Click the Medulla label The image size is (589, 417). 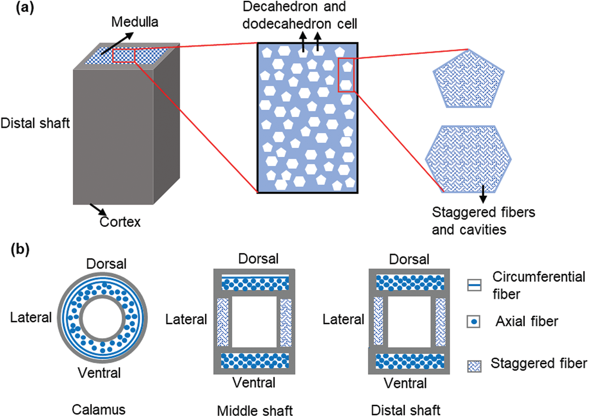tap(134, 22)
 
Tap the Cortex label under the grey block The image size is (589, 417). tap(120, 222)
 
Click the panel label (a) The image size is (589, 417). tap(25, 8)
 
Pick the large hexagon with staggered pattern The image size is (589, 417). tap(468, 159)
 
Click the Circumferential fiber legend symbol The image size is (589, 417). tap(474, 285)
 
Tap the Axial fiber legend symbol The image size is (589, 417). tap(474, 322)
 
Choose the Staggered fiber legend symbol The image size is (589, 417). tap(474, 366)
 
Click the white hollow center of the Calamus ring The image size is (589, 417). tap(102, 318)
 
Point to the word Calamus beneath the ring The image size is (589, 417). tap(98, 409)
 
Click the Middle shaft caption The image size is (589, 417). tap(255, 410)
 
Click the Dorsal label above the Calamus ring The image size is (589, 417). tap(106, 264)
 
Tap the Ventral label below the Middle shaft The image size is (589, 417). tap(254, 383)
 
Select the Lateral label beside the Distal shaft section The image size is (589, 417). tap(343, 319)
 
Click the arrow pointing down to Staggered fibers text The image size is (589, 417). tap(483, 194)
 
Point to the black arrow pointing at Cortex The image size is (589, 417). tap(98, 209)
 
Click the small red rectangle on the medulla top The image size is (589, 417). tap(124, 56)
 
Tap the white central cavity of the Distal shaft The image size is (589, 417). tap(409, 322)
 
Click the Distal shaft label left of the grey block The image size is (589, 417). tap(35, 123)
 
